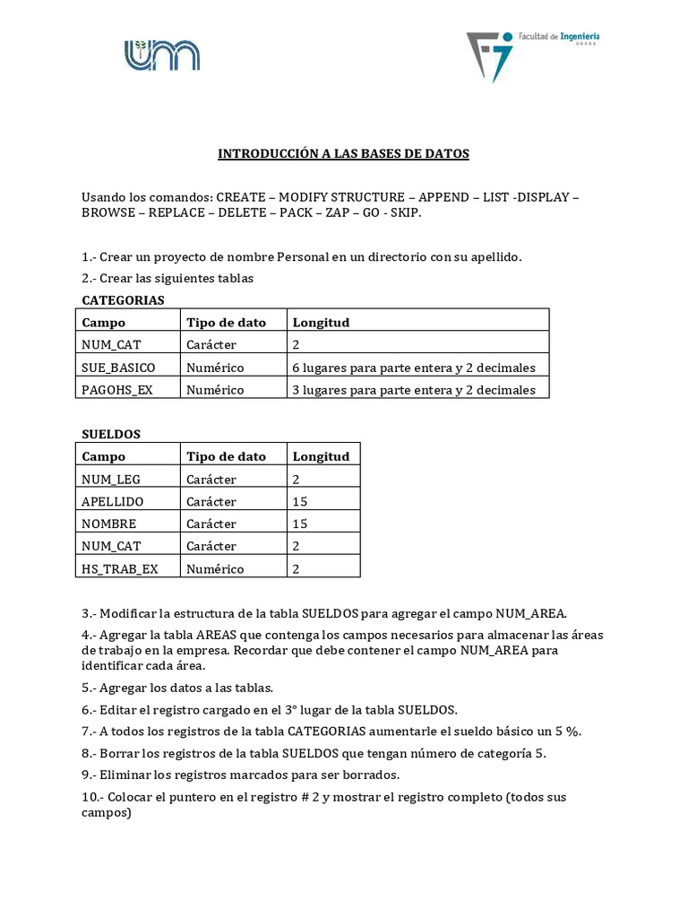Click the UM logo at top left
coord(161,55)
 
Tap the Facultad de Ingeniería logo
coord(532,55)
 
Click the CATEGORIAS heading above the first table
coord(123,300)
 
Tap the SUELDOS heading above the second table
coord(111,434)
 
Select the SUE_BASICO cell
coord(118,368)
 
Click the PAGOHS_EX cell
coord(117,390)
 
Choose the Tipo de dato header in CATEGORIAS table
coord(226,323)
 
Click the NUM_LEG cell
coord(111,480)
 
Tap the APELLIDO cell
coord(112,502)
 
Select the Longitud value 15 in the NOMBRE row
coord(300,524)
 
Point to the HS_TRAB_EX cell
coord(119,568)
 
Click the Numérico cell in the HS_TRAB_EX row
coord(215,568)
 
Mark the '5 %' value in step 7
coord(566,732)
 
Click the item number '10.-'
coord(93,797)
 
